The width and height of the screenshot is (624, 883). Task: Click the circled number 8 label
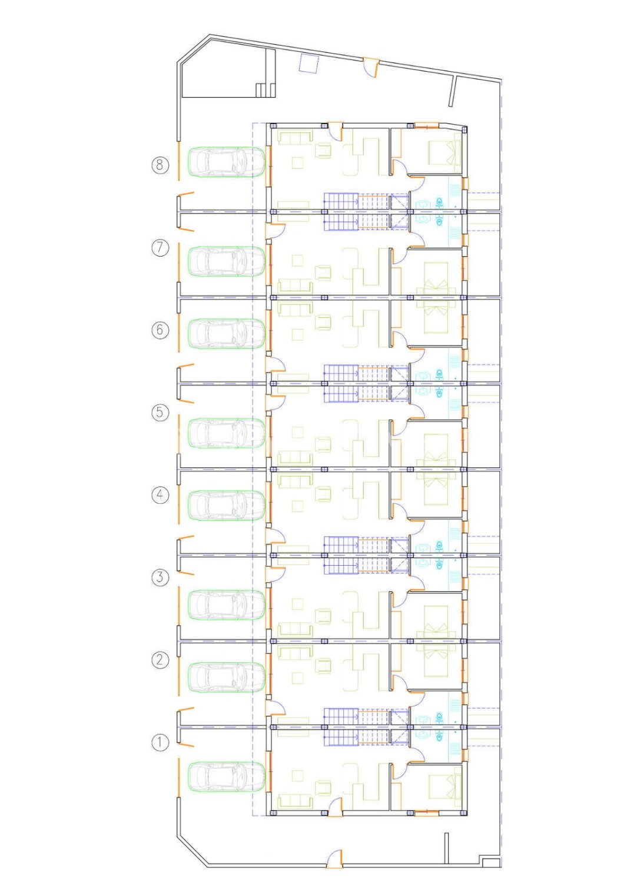click(160, 164)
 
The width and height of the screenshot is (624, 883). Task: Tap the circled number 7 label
click(160, 248)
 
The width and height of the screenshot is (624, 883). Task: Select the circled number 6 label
click(160, 330)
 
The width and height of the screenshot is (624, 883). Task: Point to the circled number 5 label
click(160, 413)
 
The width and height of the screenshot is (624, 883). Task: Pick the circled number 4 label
click(160, 494)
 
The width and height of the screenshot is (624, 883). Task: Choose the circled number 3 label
click(160, 578)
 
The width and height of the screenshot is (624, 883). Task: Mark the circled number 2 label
click(160, 660)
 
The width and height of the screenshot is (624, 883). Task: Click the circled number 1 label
click(160, 743)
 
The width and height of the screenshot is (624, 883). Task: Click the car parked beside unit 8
click(226, 162)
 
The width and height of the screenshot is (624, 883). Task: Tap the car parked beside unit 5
click(226, 433)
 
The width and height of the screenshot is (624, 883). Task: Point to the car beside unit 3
click(226, 605)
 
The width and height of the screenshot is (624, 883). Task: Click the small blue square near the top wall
click(309, 63)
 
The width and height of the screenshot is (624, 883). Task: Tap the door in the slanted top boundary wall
click(371, 68)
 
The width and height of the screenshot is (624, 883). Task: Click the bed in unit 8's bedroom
click(444, 153)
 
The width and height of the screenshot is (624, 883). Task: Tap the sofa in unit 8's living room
click(296, 138)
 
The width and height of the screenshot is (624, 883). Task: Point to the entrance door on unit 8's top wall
click(336, 131)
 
